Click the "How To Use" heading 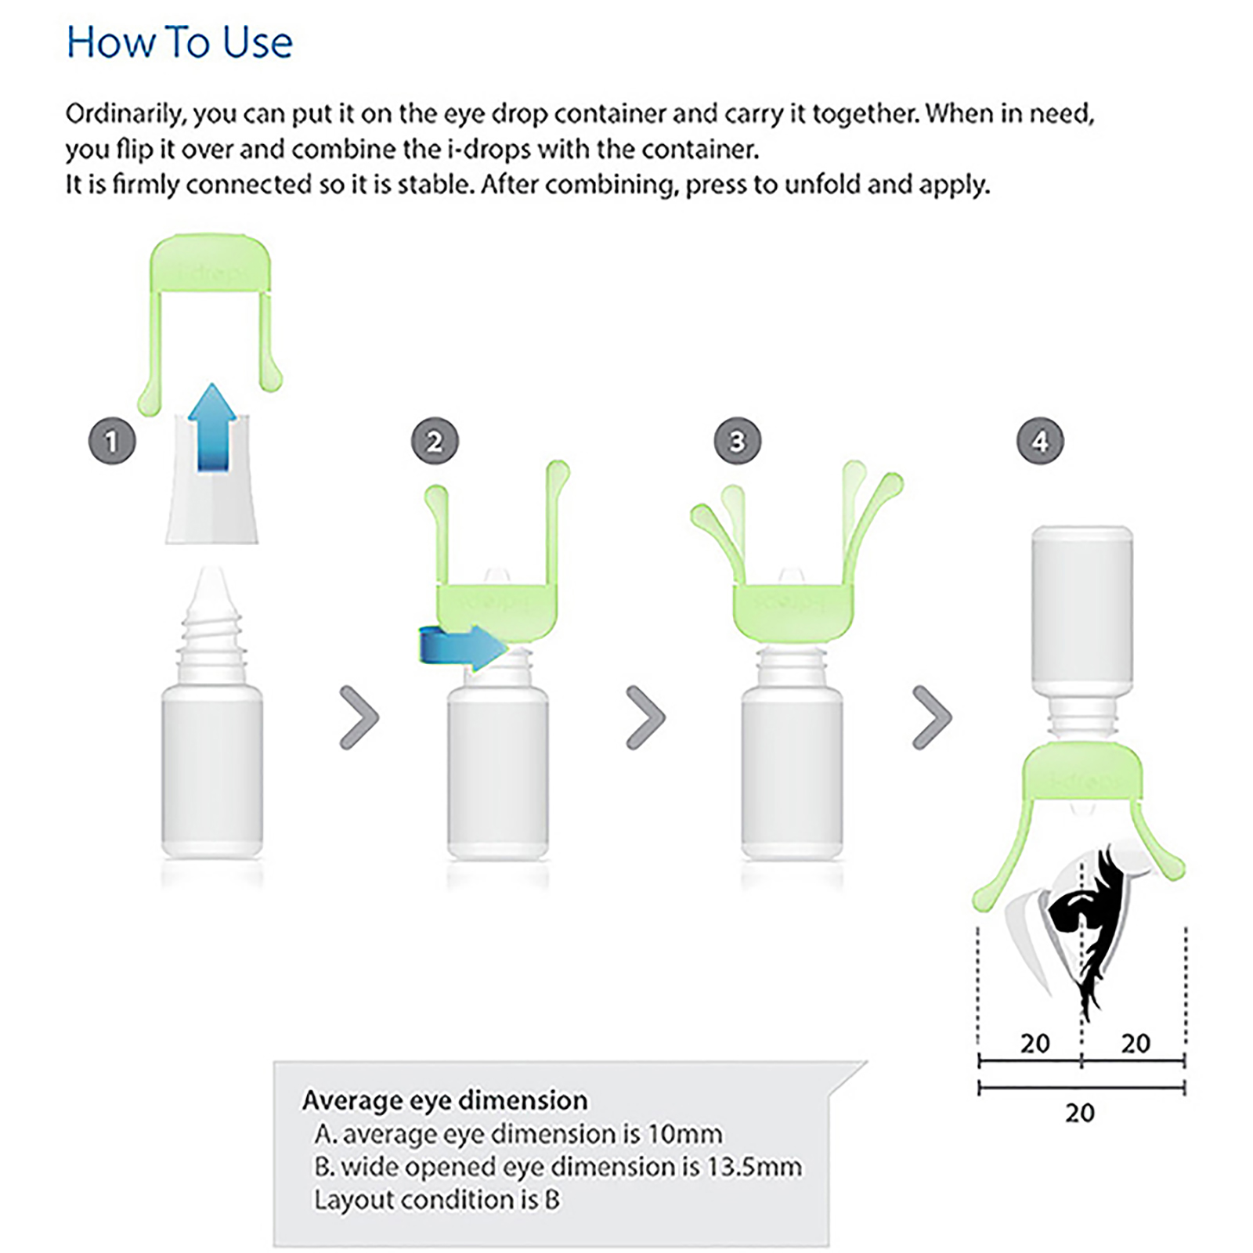179,42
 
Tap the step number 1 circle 112,441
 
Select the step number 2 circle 435,441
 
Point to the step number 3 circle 737,441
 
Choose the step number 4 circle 1040,441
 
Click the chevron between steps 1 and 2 359,717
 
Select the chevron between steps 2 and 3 646,717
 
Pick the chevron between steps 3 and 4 933,717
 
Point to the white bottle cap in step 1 211,478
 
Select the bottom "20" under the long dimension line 1080,1113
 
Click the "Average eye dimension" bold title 445,1100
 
